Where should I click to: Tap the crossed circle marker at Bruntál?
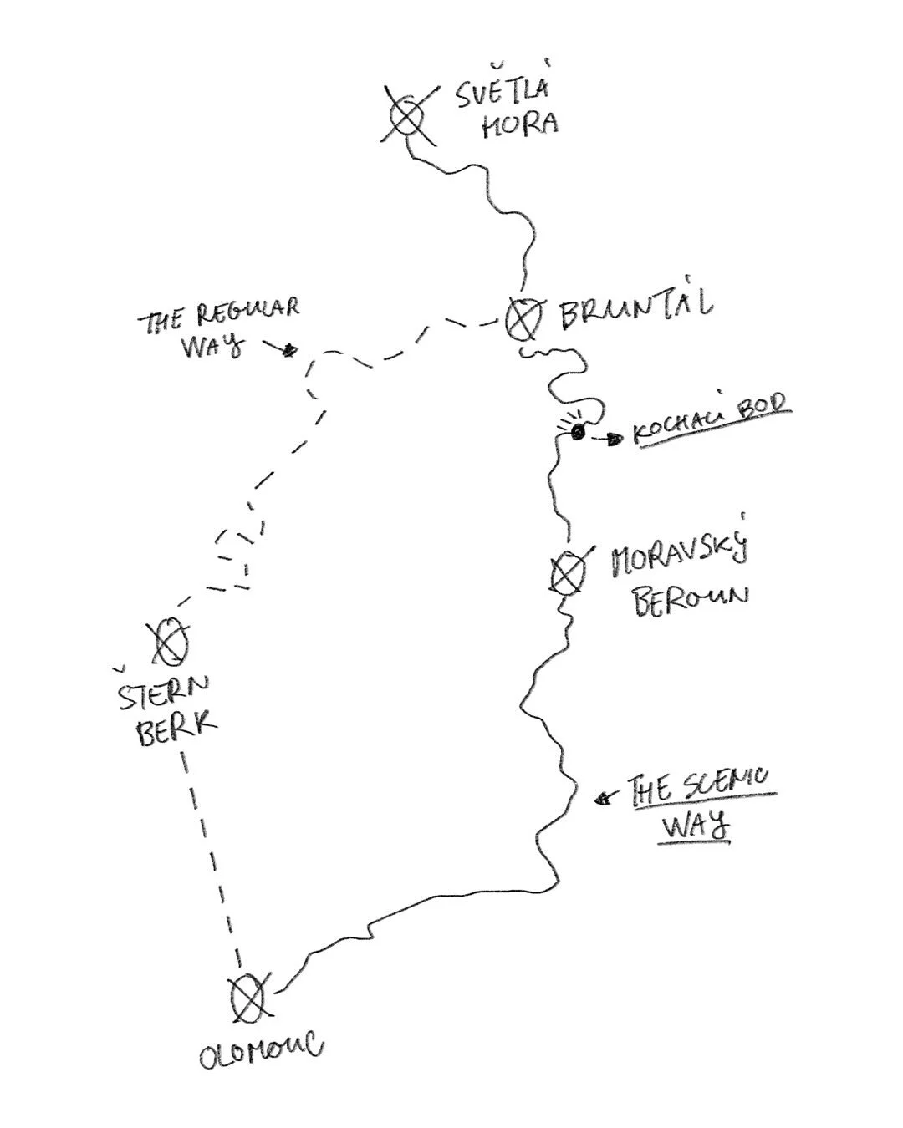tap(523, 318)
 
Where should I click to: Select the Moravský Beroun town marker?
tap(568, 574)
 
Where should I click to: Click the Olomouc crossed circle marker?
tap(248, 997)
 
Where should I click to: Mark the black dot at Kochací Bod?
tap(577, 431)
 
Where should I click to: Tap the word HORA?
tap(519, 124)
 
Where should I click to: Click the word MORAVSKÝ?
tap(679, 555)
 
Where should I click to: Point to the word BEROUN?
tap(691, 598)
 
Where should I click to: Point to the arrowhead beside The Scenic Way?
tap(601, 800)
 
